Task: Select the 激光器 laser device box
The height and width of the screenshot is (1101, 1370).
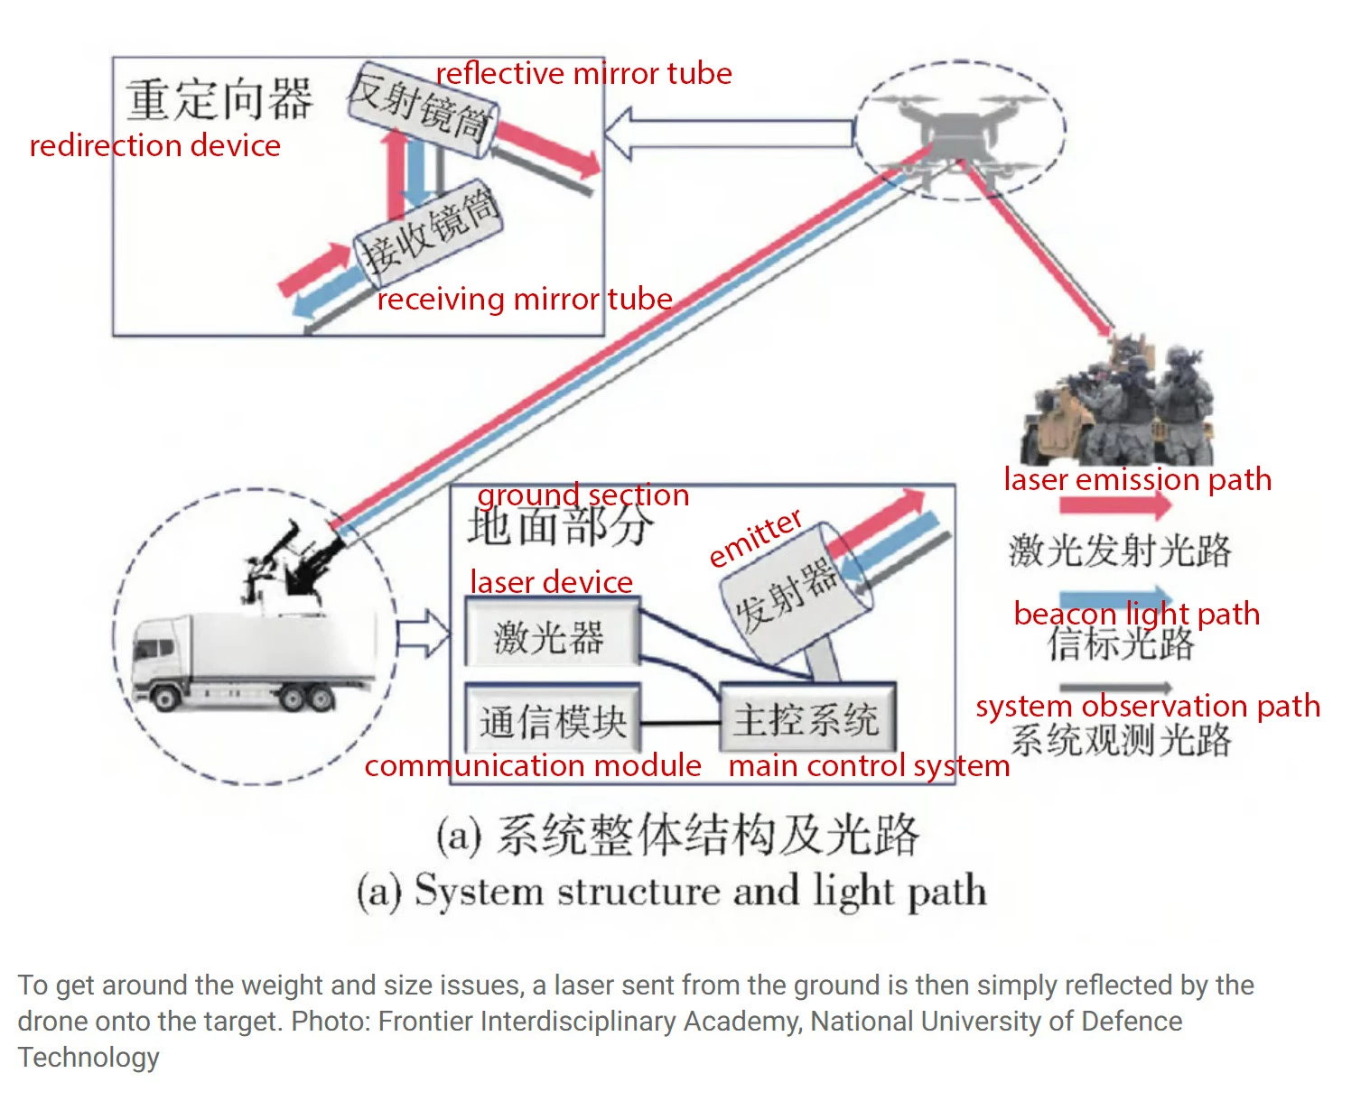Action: (x=551, y=636)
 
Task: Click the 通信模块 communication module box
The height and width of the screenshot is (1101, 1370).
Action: (x=552, y=721)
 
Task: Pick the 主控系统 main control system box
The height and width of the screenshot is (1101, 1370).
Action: (x=806, y=719)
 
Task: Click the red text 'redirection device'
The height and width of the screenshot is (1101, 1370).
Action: (x=154, y=145)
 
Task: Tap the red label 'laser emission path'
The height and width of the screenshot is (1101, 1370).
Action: (x=1137, y=479)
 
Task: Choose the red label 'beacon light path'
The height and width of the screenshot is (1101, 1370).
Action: (x=1136, y=614)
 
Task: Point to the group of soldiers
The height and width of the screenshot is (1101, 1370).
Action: (x=1120, y=402)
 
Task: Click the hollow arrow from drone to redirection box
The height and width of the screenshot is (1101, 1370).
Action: (x=727, y=133)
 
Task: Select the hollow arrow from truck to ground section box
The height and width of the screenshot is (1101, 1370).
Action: (x=422, y=634)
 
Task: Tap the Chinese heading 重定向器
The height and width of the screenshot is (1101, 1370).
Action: (x=219, y=98)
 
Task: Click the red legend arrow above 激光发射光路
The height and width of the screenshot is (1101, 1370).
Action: (x=1114, y=507)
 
